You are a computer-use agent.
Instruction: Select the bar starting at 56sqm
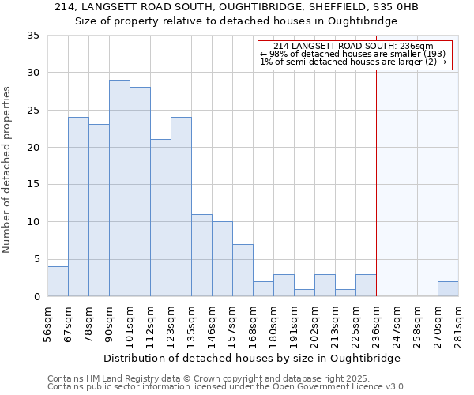coord(58,281)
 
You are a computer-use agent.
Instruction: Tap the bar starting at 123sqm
coord(181,207)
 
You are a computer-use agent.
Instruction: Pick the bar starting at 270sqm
coord(448,289)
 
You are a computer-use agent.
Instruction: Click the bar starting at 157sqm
coord(243,270)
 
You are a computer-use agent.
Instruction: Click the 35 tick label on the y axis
coord(32,36)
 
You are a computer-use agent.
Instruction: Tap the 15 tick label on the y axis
coord(32,185)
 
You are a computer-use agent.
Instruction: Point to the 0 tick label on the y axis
coord(36,297)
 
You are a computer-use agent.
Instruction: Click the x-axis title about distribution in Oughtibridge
coord(252,358)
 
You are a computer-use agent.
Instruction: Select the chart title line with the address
coord(236,7)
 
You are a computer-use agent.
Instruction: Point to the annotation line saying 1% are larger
coord(353,62)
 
